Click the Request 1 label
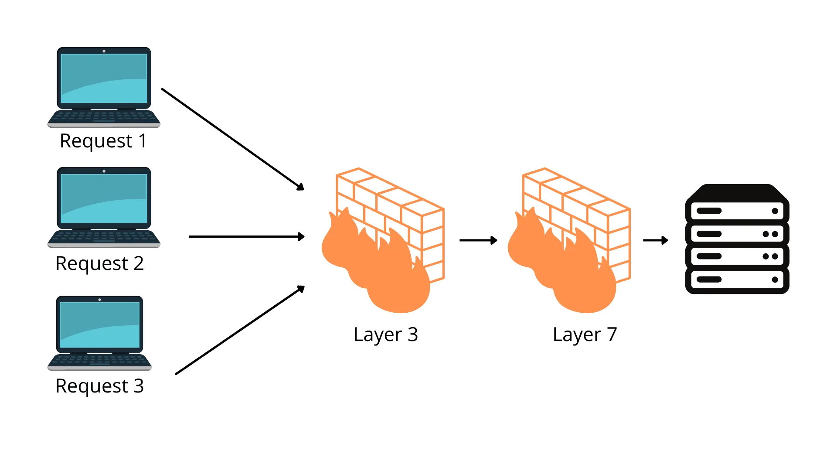[x=103, y=141]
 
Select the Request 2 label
[x=99, y=263]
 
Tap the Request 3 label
[x=99, y=386]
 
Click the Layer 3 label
[x=386, y=334]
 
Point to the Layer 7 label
[x=585, y=334]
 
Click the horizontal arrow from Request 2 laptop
[x=246, y=236]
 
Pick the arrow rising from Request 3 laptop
[x=239, y=330]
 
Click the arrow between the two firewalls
[x=478, y=240]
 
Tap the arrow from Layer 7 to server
[x=655, y=240]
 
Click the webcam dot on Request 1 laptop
[x=104, y=51]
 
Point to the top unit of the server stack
[x=737, y=211]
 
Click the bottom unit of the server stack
[x=737, y=280]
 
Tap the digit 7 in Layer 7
[x=612, y=334]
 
